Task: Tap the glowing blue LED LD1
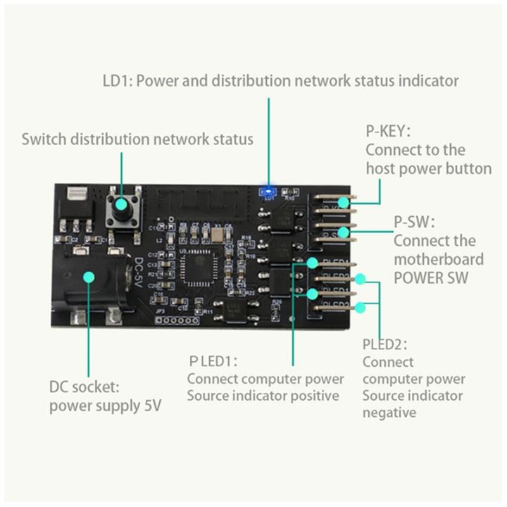268,191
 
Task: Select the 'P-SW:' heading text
414,222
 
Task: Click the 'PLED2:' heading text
385,344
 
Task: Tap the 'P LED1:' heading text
213,361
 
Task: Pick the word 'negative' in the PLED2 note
389,413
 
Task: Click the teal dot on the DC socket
88,276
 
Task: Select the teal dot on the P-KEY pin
343,203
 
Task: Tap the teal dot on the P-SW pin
343,232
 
